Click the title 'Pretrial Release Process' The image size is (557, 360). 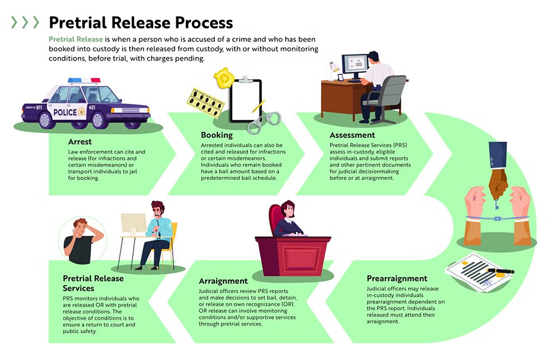(x=140, y=23)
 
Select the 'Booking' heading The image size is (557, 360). (x=217, y=135)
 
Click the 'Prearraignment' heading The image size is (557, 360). (x=397, y=278)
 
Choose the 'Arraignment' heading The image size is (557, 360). (x=223, y=281)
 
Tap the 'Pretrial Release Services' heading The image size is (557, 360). (x=93, y=283)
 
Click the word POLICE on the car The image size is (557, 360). (x=66, y=113)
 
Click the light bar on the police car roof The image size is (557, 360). (x=84, y=80)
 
